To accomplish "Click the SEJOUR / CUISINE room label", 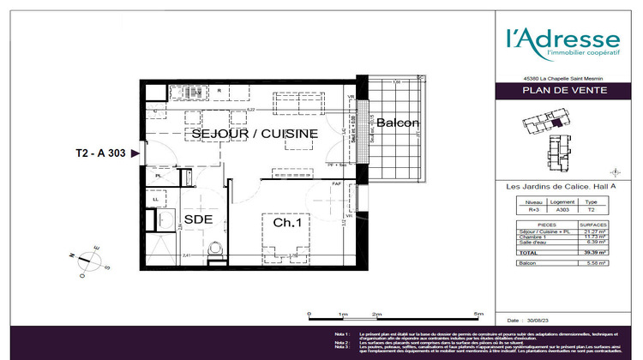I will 255,134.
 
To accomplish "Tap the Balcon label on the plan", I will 398,123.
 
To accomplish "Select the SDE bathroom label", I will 198,219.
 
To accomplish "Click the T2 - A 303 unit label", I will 101,153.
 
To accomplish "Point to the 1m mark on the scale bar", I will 342,315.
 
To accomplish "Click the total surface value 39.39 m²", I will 596,253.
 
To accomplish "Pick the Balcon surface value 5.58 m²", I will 596,264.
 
